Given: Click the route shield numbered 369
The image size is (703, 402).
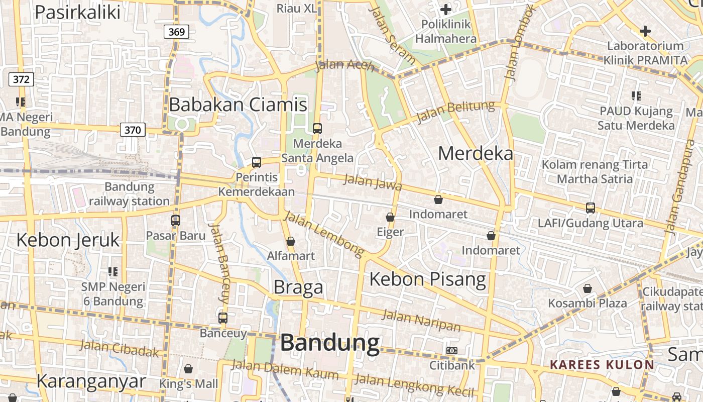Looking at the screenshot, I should click(x=176, y=32).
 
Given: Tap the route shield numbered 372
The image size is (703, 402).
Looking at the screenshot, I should click(x=21, y=79).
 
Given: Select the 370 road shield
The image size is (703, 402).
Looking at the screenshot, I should click(x=133, y=130).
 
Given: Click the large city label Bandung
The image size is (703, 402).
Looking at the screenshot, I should click(x=330, y=343).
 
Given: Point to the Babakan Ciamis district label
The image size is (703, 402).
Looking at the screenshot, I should click(x=238, y=105).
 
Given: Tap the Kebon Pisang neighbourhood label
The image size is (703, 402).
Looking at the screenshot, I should click(x=428, y=279).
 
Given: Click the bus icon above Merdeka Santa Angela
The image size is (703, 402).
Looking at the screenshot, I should click(x=317, y=129).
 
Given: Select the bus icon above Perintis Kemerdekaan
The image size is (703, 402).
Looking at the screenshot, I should click(x=257, y=162).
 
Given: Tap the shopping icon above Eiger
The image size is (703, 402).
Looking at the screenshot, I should click(x=390, y=217).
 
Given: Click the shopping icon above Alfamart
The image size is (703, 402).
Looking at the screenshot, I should click(x=291, y=241).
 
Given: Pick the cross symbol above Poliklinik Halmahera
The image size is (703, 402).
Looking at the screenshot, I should click(x=445, y=10).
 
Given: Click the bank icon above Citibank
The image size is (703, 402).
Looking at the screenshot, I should click(x=452, y=350).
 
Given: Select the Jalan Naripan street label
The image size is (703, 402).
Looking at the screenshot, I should click(x=421, y=321).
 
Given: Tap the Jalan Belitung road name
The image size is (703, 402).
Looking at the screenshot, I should click(x=455, y=112).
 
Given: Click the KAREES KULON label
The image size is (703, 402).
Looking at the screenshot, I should click(x=602, y=365).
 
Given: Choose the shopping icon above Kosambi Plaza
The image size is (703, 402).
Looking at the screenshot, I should click(x=588, y=288).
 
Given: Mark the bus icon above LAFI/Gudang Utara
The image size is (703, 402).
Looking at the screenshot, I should click(x=591, y=208).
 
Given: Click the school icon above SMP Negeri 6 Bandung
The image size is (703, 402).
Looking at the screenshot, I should click(x=113, y=272).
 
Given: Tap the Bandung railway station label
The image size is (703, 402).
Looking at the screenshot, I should click(x=130, y=194).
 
